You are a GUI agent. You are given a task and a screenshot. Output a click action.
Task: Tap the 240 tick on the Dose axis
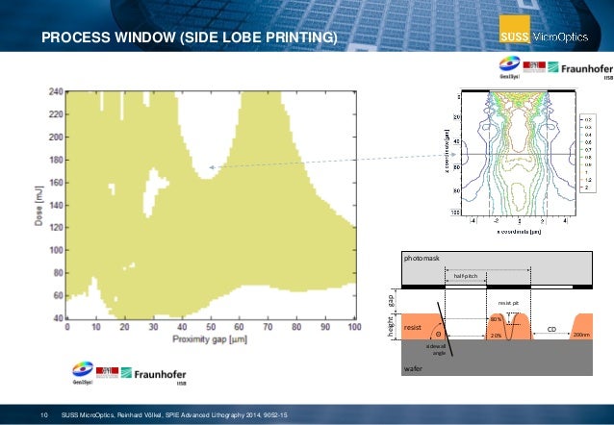coord(55,91)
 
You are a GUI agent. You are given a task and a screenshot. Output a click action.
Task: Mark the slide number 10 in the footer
coord(43,414)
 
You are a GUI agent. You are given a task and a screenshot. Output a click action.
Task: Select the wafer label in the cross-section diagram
coord(413,367)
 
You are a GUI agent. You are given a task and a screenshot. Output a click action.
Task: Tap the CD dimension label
coord(551,329)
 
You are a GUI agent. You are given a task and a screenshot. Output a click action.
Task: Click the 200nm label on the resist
coord(581,337)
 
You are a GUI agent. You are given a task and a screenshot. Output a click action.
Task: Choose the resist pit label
coord(508,303)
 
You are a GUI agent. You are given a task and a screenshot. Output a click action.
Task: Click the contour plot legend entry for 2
coord(585,187)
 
